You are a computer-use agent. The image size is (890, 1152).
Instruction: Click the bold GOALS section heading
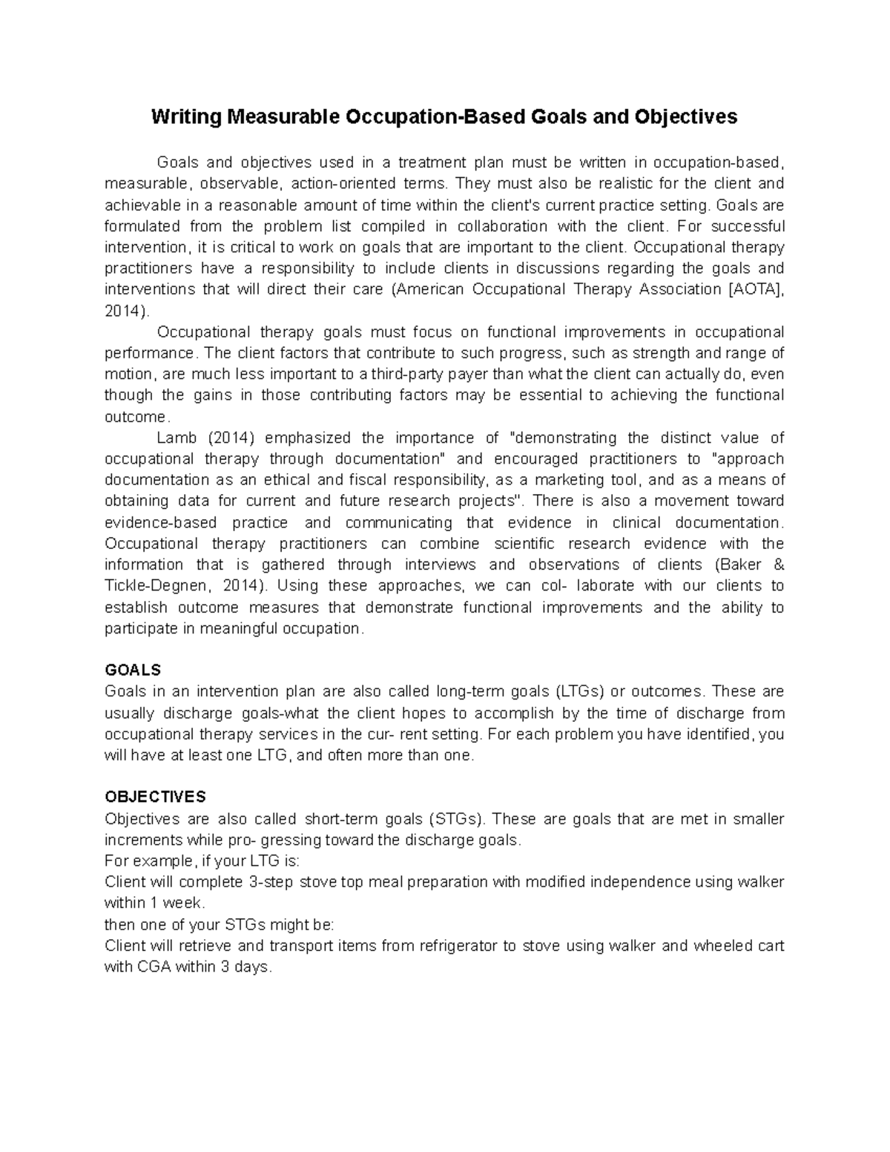click(133, 670)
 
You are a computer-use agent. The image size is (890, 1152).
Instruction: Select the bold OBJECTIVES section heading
click(155, 797)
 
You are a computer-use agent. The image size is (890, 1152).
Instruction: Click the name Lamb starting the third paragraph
click(175, 438)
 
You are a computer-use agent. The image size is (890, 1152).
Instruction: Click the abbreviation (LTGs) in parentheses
click(579, 691)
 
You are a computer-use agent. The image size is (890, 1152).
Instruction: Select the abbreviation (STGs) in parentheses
click(456, 819)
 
